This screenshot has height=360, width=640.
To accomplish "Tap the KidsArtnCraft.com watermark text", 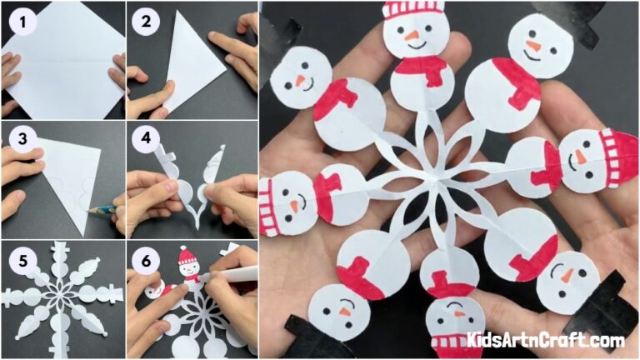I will point(545,340).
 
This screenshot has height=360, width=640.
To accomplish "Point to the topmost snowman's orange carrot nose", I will point(412,36).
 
